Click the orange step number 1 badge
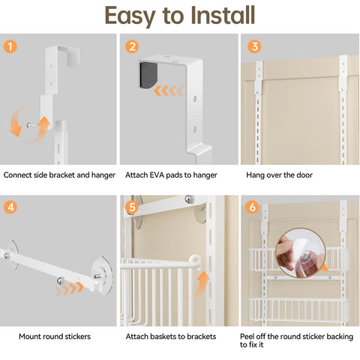(10, 46)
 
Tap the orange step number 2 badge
(132, 46)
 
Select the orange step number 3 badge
(254, 46)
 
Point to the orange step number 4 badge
(10, 207)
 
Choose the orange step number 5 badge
(132, 207)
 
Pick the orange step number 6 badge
(252, 207)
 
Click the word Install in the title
(223, 16)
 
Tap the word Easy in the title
(130, 16)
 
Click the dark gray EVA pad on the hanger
(148, 76)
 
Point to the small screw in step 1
(31, 125)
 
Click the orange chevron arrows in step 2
(169, 91)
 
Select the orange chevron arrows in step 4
(69, 289)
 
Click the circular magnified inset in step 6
(300, 253)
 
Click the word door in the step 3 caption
(304, 175)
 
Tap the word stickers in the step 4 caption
(78, 337)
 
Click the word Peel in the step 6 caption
(247, 337)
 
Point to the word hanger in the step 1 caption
(103, 175)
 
